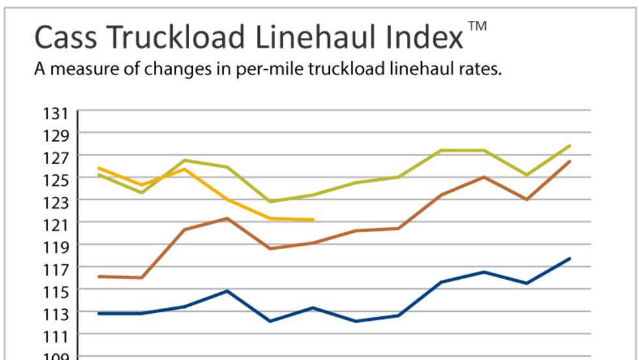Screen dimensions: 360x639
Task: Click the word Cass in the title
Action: (x=67, y=38)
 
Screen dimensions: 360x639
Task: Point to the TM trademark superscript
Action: (x=477, y=26)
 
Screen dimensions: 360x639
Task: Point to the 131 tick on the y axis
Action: (x=56, y=114)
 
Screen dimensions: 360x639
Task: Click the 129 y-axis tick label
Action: (x=56, y=136)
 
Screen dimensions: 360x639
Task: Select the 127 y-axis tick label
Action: (x=56, y=158)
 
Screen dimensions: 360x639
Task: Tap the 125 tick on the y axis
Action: (x=56, y=181)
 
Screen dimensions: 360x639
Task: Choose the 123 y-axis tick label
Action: (x=56, y=203)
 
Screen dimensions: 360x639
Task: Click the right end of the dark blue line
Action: (x=570, y=259)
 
